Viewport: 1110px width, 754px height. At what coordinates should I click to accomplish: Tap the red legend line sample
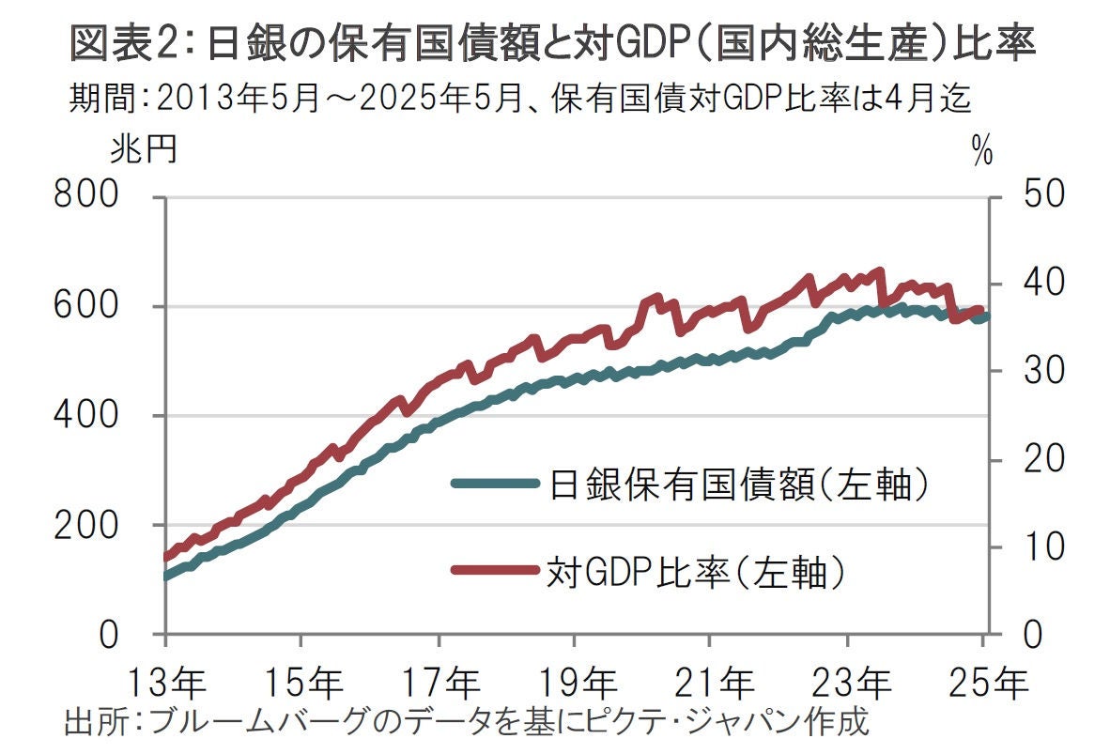tap(495, 570)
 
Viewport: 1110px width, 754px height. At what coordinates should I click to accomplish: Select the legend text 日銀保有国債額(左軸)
tap(739, 485)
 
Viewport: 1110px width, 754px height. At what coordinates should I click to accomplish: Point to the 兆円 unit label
tap(143, 150)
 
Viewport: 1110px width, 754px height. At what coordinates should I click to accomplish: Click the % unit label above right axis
tap(982, 153)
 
